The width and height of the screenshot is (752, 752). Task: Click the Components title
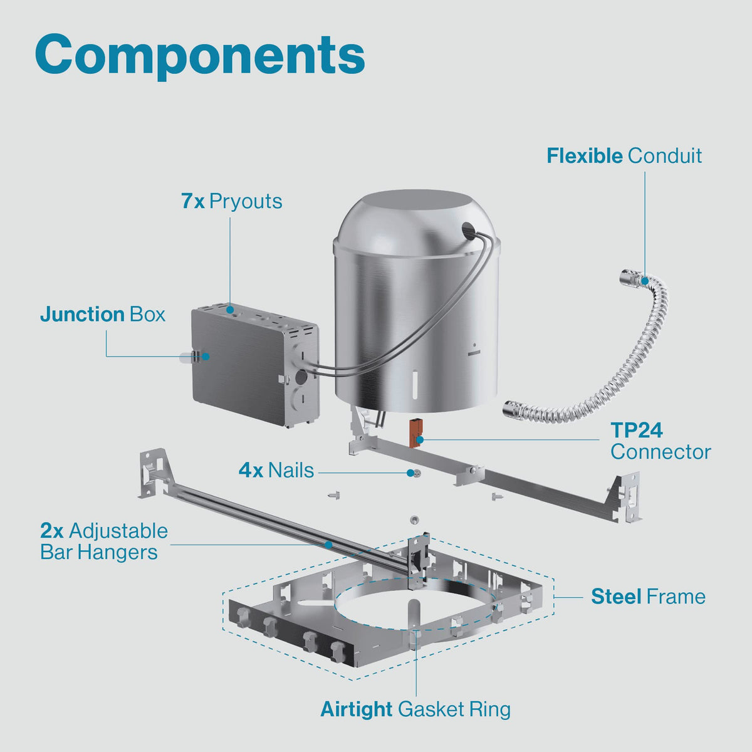[200, 55]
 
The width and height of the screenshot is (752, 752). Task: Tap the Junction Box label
[103, 315]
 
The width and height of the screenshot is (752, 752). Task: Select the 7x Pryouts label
[231, 201]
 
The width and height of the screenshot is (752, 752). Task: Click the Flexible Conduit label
[624, 155]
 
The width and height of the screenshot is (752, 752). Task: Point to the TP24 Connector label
[661, 441]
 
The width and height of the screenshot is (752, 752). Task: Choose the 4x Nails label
[276, 470]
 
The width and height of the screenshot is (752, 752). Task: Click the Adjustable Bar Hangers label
[104, 541]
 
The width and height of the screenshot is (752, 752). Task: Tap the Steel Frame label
[648, 597]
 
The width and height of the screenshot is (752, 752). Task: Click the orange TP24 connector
[414, 433]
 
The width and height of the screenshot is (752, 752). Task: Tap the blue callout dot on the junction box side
[206, 357]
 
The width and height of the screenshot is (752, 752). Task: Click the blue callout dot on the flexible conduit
[644, 280]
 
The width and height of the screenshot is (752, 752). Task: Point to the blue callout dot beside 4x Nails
[410, 473]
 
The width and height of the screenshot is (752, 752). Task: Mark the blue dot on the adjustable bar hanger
[328, 545]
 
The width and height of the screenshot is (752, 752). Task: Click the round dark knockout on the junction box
[301, 377]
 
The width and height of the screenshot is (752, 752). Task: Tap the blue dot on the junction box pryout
[230, 310]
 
